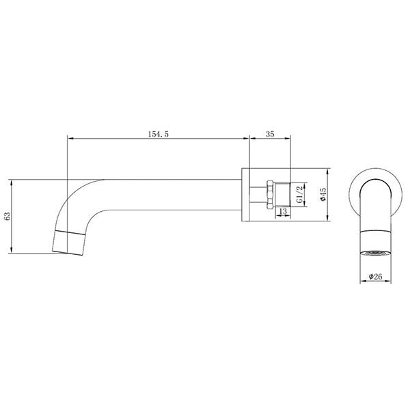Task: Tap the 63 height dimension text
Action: [8, 217]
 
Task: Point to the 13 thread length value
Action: [282, 213]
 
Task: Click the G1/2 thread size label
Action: [301, 195]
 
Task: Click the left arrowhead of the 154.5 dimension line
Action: [69, 140]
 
